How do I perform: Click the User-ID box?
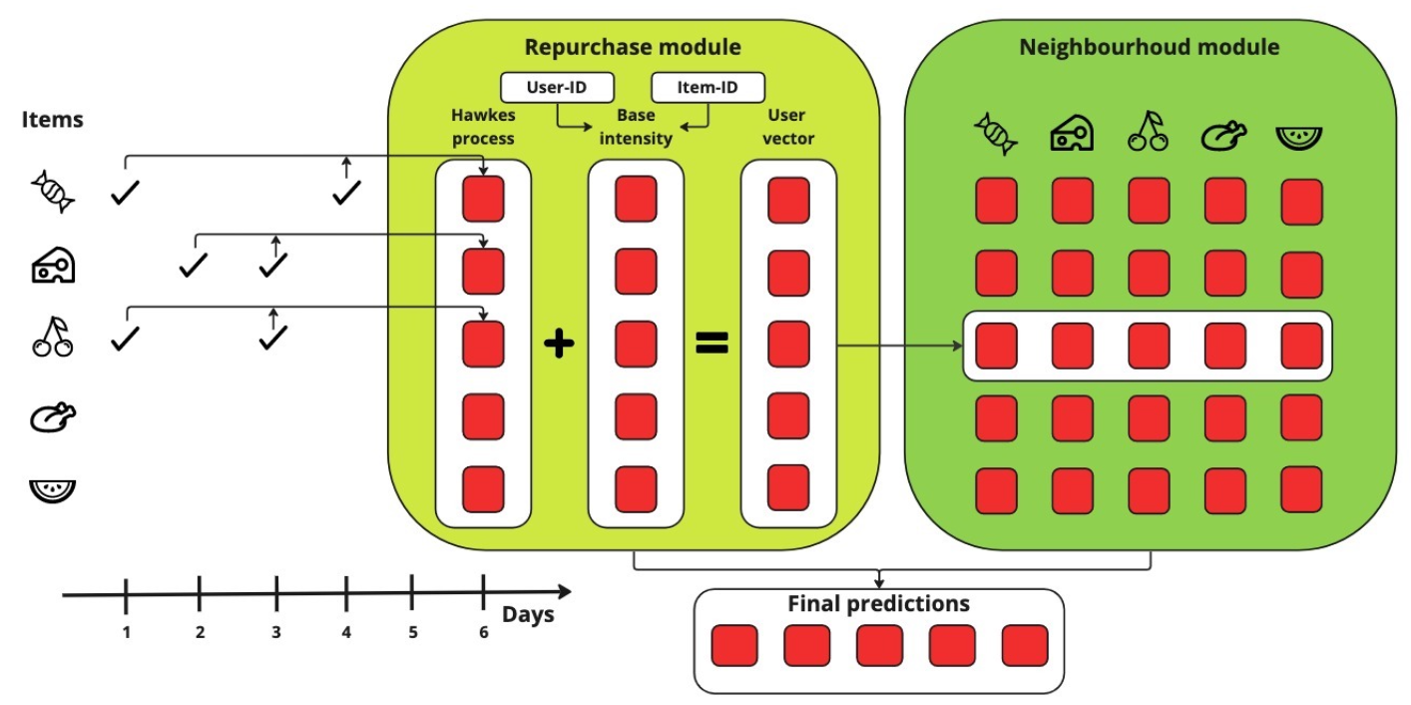[557, 87]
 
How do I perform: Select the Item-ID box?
[708, 87]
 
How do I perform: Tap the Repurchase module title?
[633, 47]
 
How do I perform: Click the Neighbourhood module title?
[1149, 47]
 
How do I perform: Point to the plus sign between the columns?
[559, 344]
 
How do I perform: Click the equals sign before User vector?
[711, 344]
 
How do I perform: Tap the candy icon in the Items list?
[53, 191]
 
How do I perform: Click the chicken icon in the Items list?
[53, 417]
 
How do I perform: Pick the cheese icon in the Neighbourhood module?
[1072, 133]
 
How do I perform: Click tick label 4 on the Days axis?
[346, 632]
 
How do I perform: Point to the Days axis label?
[528, 614]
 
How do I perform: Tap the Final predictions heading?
[879, 603]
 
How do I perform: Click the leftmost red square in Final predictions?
[734, 646]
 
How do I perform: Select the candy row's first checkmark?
[125, 193]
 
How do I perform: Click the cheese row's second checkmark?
[273, 265]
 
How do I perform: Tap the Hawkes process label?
[483, 127]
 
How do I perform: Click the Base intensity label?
[636, 127]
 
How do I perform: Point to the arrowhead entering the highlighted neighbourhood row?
[959, 346]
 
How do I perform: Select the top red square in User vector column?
[788, 201]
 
